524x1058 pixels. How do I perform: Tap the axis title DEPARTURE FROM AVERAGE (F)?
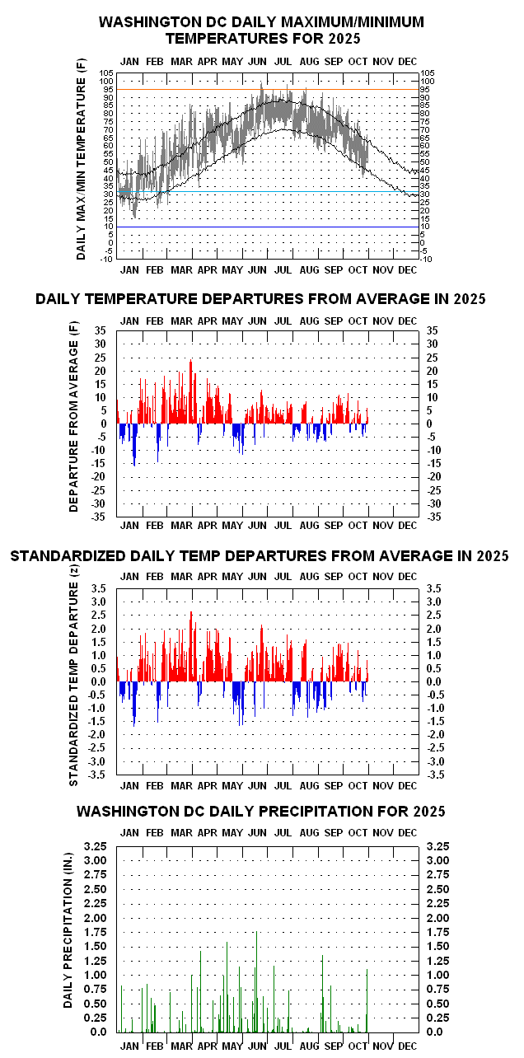tap(73, 424)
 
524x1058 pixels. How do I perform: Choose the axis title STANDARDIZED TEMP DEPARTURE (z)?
tap(73, 681)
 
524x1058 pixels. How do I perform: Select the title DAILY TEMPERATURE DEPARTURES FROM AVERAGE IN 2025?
tap(261, 298)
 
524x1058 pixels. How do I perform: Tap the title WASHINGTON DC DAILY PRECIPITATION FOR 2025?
tap(261, 812)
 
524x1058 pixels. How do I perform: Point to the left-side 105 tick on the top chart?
tap(106, 73)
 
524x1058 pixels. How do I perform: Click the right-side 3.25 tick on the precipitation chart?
tap(437, 846)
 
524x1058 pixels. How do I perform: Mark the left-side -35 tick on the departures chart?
tap(103, 517)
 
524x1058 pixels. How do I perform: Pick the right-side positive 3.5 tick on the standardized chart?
tap(436, 588)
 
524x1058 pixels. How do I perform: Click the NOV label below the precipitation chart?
tap(383, 1046)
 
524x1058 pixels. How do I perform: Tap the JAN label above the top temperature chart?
tap(129, 61)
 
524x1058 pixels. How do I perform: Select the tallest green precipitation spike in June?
tap(257, 933)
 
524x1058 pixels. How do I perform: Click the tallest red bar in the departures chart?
tap(190, 360)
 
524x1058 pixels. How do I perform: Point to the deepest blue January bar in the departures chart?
tap(134, 466)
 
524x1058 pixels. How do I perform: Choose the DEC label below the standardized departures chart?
tap(408, 787)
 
